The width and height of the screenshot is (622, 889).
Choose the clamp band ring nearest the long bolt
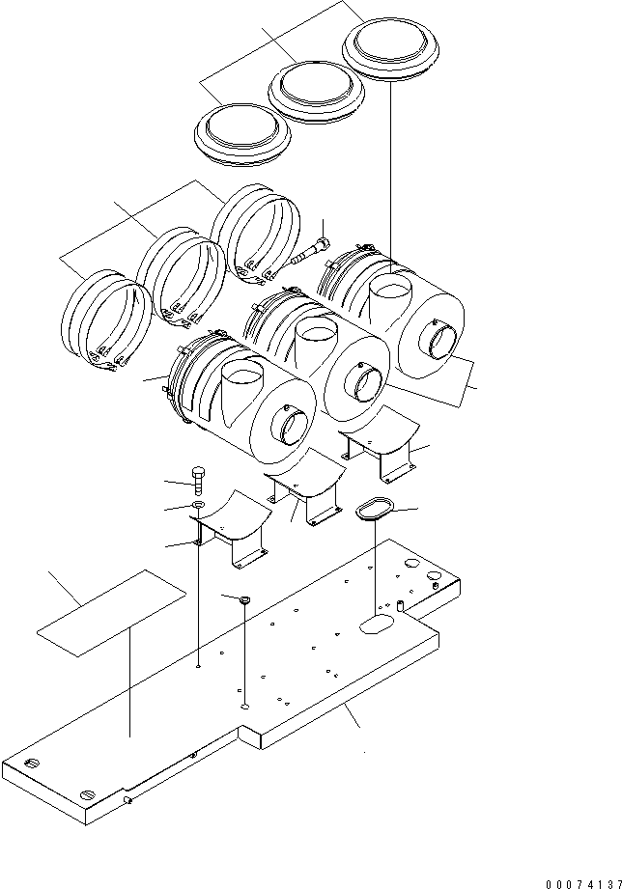[x=254, y=232]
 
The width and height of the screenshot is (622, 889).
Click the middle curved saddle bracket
[x=306, y=492]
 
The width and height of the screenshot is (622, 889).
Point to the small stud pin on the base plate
[x=399, y=607]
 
